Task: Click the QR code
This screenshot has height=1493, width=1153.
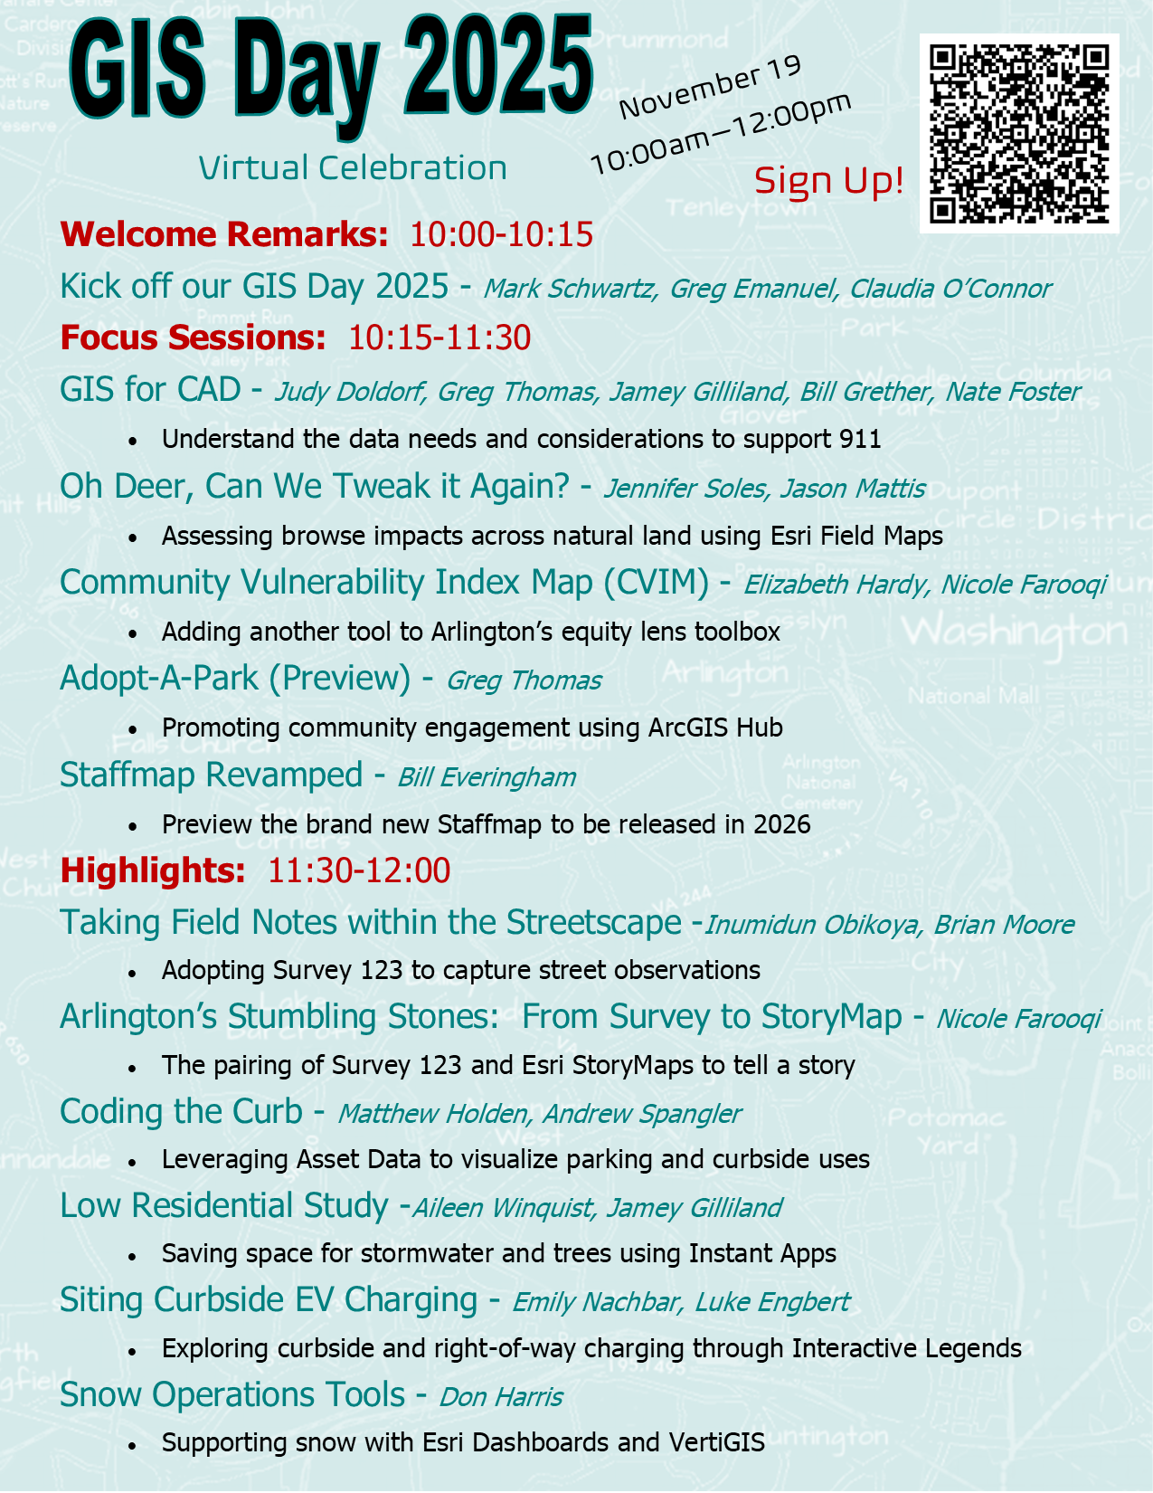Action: (1019, 134)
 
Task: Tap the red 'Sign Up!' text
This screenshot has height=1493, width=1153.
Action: (828, 181)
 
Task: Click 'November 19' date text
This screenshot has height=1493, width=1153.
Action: (710, 87)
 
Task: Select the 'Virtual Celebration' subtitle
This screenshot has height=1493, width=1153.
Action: (353, 168)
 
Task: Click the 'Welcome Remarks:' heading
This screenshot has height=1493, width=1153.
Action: (224, 234)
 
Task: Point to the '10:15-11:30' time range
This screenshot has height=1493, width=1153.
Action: (439, 338)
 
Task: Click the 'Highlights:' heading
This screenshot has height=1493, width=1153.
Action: (153, 870)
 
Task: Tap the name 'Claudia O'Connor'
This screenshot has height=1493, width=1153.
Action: (950, 289)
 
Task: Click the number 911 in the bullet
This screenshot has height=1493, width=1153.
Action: (860, 440)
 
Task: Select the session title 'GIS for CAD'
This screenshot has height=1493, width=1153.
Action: (150, 390)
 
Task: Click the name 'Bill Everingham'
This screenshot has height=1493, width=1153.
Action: (487, 777)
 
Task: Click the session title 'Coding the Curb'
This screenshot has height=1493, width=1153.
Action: (181, 1112)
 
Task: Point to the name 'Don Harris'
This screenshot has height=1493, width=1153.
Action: (501, 1397)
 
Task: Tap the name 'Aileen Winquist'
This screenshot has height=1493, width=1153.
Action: (504, 1208)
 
